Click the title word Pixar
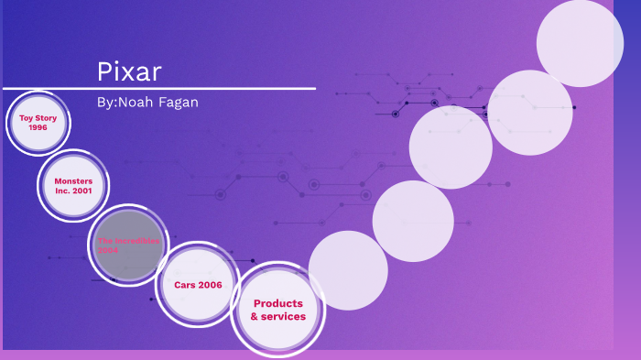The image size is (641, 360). (129, 71)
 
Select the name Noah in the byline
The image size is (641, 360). (134, 103)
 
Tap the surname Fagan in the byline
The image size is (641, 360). (177, 103)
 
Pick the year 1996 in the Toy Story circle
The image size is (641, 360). (38, 127)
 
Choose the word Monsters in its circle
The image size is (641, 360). (73, 181)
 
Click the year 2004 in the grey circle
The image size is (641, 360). (108, 250)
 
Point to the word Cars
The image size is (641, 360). (180, 285)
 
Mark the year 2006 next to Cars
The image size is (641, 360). (208, 285)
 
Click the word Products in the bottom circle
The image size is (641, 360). (277, 303)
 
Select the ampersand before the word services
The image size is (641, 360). (255, 317)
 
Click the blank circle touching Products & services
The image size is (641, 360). (348, 270)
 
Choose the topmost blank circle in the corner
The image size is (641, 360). (580, 43)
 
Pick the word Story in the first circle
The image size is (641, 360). (46, 118)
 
